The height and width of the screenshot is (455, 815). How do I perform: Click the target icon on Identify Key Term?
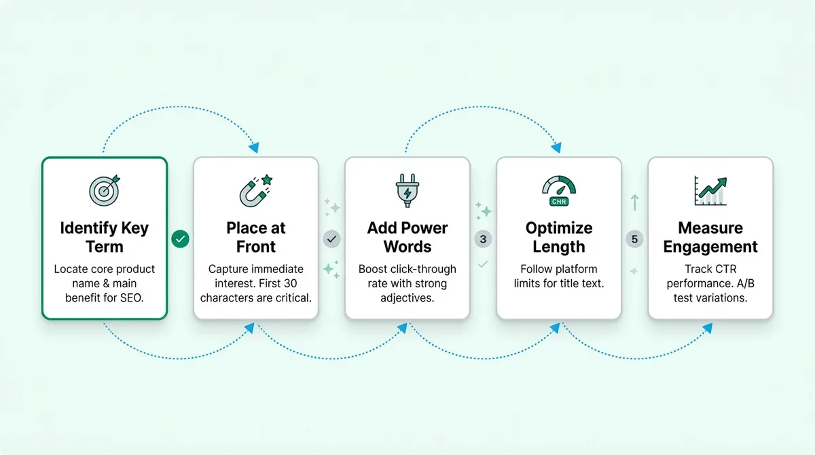(x=104, y=191)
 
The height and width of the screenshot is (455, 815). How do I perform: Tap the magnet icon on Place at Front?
(x=255, y=191)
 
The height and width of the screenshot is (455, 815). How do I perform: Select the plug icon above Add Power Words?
(x=407, y=191)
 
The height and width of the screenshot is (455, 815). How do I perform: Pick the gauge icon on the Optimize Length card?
(x=558, y=191)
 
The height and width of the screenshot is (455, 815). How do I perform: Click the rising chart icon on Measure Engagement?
(x=710, y=191)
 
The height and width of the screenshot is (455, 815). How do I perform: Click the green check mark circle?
(x=180, y=239)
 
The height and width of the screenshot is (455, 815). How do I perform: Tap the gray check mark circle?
(x=331, y=239)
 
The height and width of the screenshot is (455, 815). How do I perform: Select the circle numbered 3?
(x=483, y=239)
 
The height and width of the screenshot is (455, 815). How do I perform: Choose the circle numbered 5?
(x=634, y=239)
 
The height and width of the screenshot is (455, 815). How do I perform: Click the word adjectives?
(x=407, y=298)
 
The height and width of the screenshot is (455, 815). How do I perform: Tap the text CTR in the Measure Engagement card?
(x=724, y=269)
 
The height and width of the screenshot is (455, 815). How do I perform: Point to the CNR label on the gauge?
(x=558, y=201)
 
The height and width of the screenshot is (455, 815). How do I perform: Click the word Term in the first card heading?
(x=104, y=246)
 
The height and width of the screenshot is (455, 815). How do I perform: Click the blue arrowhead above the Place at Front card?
(x=253, y=146)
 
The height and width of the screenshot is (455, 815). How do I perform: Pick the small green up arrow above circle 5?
(x=634, y=202)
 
